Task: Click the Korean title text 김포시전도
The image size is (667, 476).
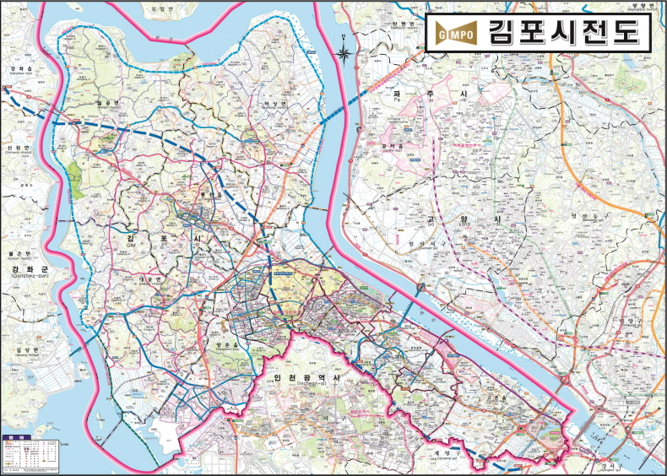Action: pyautogui.click(x=563, y=32)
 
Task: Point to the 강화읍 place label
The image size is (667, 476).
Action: pyautogui.click(x=19, y=68)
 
